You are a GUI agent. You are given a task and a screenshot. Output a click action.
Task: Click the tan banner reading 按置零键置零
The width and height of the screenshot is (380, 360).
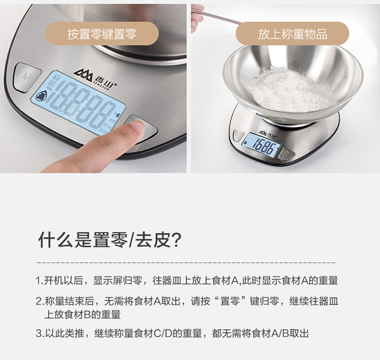[102, 34]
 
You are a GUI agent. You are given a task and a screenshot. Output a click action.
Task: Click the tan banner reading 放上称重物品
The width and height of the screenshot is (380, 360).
[292, 34]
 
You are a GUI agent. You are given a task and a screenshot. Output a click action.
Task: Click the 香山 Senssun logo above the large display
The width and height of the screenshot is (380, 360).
[95, 77]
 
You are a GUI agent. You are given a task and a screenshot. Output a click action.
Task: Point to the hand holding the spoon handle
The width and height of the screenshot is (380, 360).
[197, 18]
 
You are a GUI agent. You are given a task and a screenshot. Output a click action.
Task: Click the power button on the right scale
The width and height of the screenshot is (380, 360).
[287, 153]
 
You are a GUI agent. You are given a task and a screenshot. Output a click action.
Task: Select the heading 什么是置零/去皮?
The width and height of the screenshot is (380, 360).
[110, 239]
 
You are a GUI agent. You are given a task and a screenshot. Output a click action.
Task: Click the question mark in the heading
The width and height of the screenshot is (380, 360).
[177, 240]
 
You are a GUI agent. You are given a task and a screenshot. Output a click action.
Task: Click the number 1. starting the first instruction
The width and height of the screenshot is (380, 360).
[40, 281]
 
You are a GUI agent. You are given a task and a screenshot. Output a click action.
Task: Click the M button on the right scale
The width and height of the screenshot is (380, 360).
[238, 135]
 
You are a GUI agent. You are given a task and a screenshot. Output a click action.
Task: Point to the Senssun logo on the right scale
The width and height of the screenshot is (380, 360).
[266, 133]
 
